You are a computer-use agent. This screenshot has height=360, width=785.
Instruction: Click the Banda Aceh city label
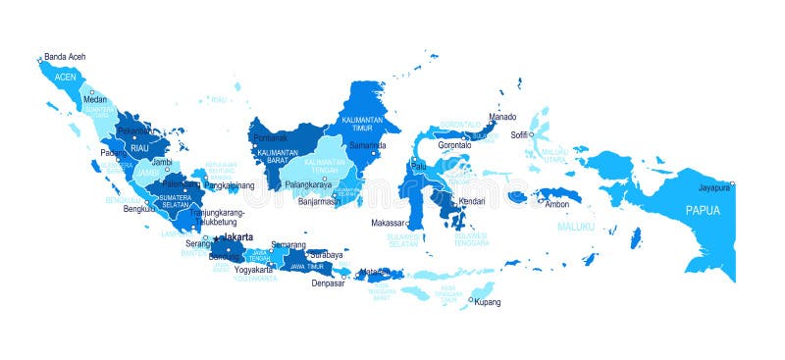65,57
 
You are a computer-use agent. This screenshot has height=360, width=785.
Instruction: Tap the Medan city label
95,99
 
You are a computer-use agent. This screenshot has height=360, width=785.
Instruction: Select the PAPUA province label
703,210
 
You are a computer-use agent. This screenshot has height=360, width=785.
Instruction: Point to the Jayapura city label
714,186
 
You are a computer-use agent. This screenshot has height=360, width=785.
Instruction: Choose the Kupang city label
488,302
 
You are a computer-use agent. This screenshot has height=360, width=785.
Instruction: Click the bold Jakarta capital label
238,237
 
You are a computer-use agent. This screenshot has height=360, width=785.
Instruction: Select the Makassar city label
389,223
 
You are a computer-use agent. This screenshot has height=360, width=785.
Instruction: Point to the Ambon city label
557,204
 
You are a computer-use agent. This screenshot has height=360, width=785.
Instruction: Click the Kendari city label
473,201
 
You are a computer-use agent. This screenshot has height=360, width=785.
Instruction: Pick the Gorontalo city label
454,145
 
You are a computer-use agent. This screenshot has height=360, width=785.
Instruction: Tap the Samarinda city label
368,146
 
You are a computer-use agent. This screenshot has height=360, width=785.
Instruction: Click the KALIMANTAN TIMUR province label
360,125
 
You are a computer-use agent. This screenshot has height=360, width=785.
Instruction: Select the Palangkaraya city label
308,184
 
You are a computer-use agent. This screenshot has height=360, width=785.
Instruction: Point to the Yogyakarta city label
254,269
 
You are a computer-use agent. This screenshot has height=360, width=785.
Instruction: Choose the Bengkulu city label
139,208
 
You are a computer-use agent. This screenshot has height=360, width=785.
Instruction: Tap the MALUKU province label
576,228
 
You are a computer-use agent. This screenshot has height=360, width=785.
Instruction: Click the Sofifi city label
520,134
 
